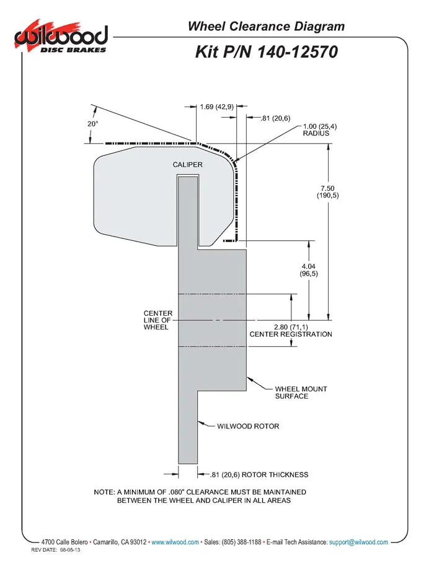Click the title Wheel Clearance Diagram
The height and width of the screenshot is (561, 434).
pyautogui.click(x=266, y=26)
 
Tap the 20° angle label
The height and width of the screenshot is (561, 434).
pyautogui.click(x=92, y=124)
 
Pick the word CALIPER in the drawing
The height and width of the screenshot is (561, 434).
pyautogui.click(x=187, y=165)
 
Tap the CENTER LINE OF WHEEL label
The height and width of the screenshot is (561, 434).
pyautogui.click(x=157, y=320)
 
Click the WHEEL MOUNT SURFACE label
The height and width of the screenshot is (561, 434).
pyautogui.click(x=301, y=393)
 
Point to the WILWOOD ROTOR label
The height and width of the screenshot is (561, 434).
pyautogui.click(x=248, y=426)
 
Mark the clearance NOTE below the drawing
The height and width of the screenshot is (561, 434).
pyautogui.click(x=199, y=496)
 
